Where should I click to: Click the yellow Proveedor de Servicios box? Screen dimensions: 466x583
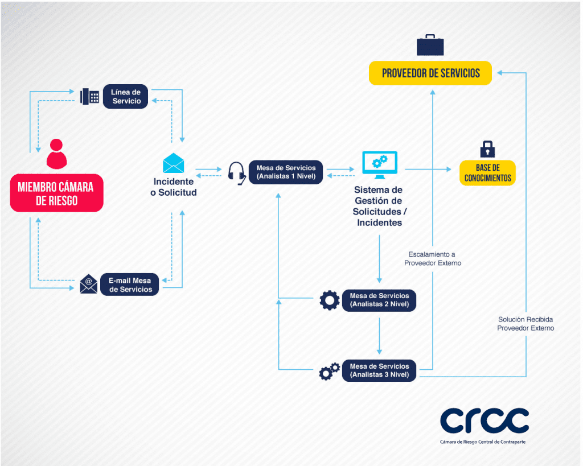tap(430, 73)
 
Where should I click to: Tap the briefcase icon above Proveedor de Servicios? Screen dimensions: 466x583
tap(430, 44)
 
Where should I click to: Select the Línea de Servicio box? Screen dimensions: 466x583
tap(126, 96)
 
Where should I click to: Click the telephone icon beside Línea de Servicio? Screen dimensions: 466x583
tap(89, 96)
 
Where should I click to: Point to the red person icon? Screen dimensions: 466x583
tap(56, 153)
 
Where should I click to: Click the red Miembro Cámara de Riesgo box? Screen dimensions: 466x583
tap(56, 193)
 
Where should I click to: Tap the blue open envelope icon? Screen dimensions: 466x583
tap(173, 163)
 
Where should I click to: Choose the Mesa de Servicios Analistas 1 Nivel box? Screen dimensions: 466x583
tap(286, 172)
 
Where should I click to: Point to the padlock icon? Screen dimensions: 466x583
tap(487, 149)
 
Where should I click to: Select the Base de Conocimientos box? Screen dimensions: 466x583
tap(487, 173)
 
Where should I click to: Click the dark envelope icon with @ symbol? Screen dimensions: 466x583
tap(88, 283)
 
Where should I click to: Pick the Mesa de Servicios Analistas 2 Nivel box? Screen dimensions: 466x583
tap(379, 300)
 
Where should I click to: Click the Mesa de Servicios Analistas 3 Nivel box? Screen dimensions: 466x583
tap(379, 370)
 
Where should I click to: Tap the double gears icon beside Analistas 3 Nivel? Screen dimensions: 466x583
tap(329, 371)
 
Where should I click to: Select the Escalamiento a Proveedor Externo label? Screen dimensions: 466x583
tap(433, 259)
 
